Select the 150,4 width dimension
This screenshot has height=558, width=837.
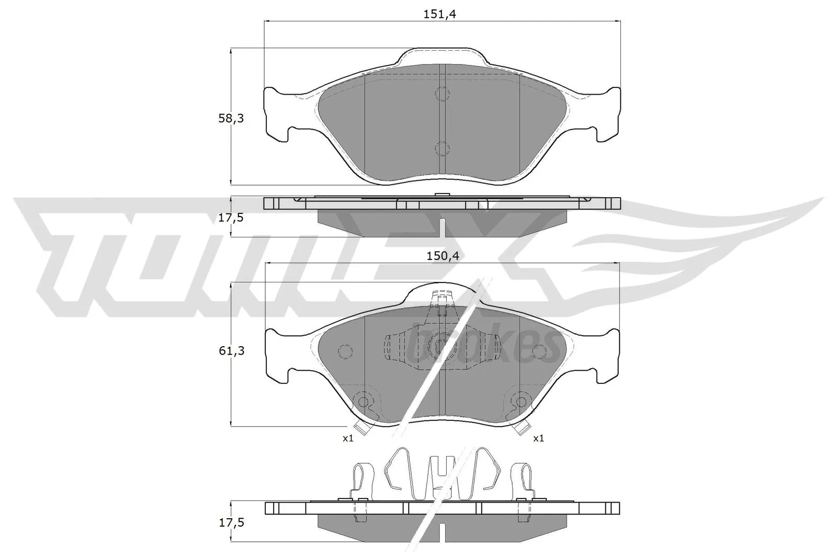[x=438, y=256]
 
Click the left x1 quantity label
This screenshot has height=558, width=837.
[x=348, y=438]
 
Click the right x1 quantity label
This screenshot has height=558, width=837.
[x=538, y=438]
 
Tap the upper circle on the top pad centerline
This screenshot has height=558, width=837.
[x=442, y=94]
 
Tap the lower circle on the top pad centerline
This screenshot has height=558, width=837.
[x=442, y=149]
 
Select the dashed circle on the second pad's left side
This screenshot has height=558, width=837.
[x=345, y=351]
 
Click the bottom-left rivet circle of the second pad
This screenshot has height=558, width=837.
[x=362, y=401]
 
